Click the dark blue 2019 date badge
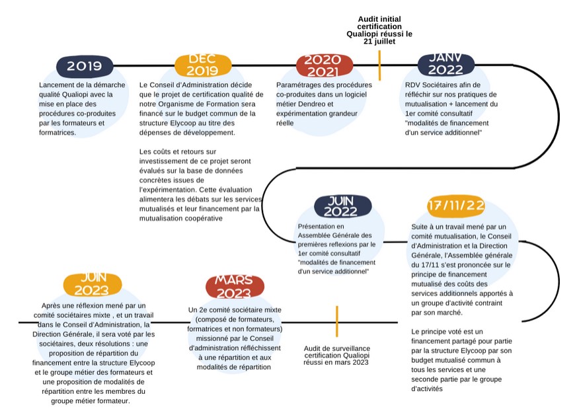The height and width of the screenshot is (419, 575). coord(84,65)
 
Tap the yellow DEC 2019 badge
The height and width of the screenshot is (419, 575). coord(203,65)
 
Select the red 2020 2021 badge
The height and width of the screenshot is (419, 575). coord(323,65)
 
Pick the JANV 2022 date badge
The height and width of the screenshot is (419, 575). coord(445,65)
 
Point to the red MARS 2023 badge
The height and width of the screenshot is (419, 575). coord(233,287)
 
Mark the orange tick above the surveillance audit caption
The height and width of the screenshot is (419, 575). coord(337,321)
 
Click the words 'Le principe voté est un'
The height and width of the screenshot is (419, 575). coord(447,331)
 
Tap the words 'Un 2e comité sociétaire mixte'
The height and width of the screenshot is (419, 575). coord(235,309)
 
